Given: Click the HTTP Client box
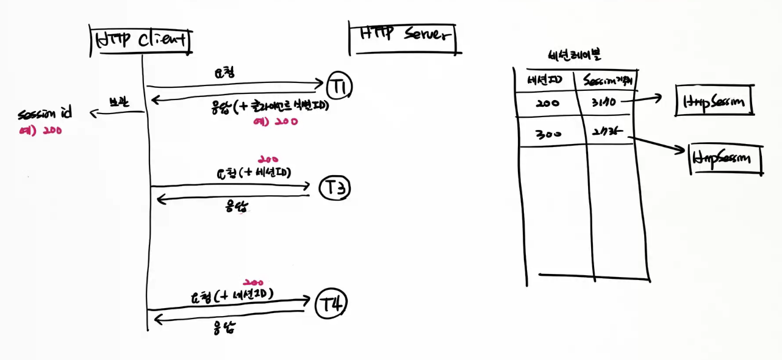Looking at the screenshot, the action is (x=141, y=40).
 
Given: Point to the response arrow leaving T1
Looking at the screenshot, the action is (x=238, y=97).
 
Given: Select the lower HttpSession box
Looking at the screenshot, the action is (x=726, y=159).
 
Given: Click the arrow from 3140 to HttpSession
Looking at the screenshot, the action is (x=640, y=99).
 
